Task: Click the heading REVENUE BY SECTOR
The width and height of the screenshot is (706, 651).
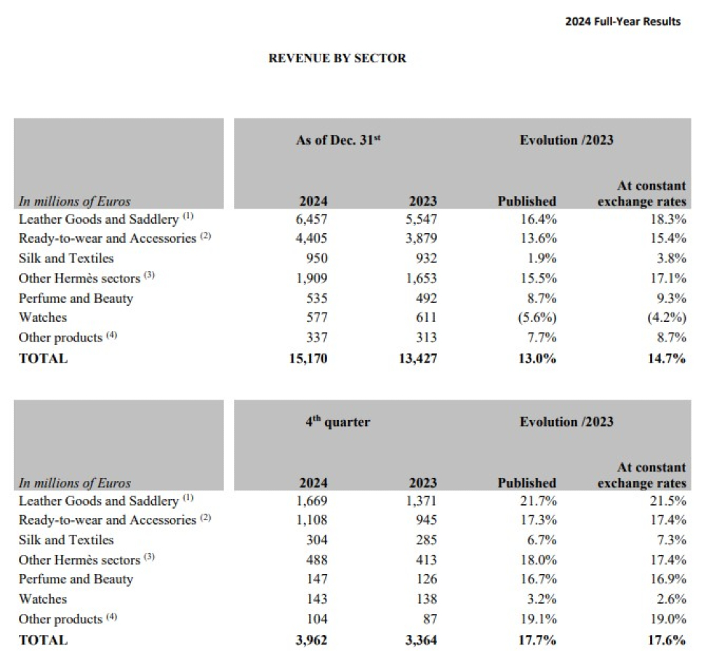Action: click(x=337, y=58)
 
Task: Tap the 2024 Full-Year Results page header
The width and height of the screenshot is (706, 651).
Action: click(x=622, y=21)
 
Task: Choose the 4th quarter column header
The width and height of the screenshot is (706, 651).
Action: click(x=337, y=421)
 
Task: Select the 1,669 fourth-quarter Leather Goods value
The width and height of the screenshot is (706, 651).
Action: click(x=313, y=501)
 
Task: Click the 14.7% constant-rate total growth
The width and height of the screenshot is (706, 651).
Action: click(x=667, y=357)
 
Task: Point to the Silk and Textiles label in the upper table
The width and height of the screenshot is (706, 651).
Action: click(x=66, y=258)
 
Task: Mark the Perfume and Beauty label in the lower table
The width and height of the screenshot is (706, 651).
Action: click(x=76, y=579)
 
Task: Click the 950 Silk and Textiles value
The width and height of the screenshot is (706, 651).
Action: click(x=317, y=258)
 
